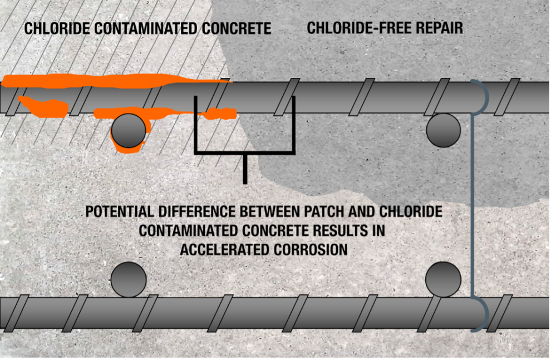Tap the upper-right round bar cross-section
444,130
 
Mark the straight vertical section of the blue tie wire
473,206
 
